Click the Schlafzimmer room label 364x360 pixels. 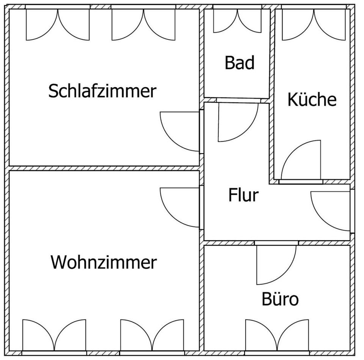(102, 91)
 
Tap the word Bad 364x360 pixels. (239, 63)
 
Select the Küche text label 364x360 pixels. (312, 100)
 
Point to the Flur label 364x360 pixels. (243, 195)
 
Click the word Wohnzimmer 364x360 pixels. (104, 262)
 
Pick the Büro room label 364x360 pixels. (280, 299)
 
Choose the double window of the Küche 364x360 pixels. (314, 23)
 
